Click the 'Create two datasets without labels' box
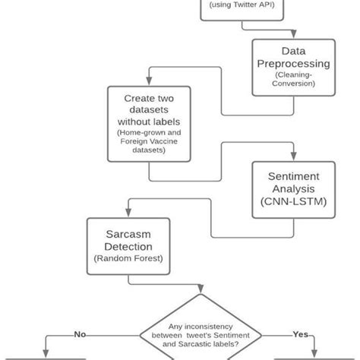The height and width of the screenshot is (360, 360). pyautogui.click(x=148, y=124)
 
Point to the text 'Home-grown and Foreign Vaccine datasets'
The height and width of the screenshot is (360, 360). pyautogui.click(x=148, y=141)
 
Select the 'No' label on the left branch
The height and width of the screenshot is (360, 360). pyautogui.click(x=80, y=333)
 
